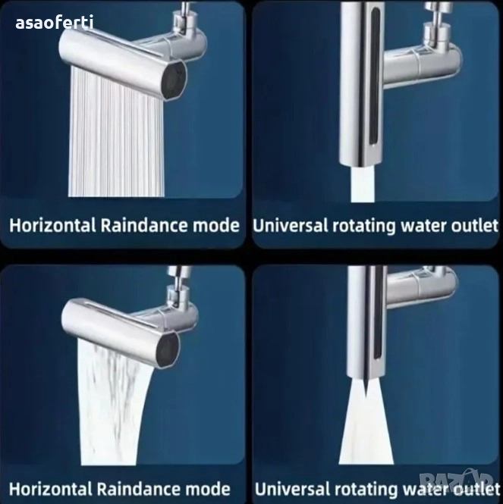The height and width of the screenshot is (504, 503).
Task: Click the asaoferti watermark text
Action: pyautogui.click(x=55, y=23)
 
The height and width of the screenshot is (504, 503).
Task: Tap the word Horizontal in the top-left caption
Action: pyautogui.click(x=53, y=225)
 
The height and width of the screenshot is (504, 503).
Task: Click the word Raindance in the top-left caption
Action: pyautogui.click(x=144, y=225)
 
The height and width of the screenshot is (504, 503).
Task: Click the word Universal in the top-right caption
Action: pyautogui.click(x=290, y=225)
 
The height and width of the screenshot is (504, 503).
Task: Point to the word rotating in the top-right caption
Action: pyautogui.click(x=364, y=227)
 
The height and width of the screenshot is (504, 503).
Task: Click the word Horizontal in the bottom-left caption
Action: pyautogui.click(x=51, y=489)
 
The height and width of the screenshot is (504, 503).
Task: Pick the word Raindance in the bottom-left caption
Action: pyautogui.click(x=139, y=489)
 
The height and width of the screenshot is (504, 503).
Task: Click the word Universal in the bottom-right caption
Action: pyautogui.click(x=293, y=489)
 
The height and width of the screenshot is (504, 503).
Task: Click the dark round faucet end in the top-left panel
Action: pyautogui.click(x=174, y=80)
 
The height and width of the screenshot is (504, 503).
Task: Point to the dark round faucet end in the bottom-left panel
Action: pyautogui.click(x=167, y=350)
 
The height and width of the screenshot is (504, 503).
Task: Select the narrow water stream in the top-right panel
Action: pyautogui.click(x=363, y=184)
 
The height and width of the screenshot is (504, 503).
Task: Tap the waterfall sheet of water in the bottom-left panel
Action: pyautogui.click(x=113, y=405)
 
